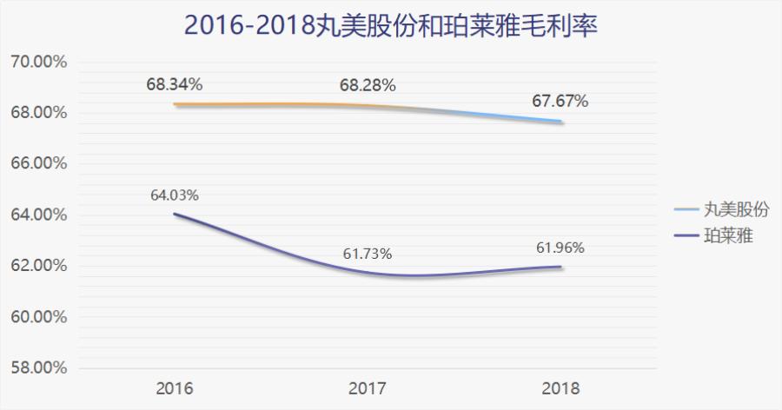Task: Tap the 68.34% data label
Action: click(x=175, y=85)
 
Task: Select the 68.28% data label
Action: click(x=368, y=85)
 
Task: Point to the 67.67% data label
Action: click(x=560, y=102)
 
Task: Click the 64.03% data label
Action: click(x=175, y=195)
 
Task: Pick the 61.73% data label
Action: click(x=368, y=254)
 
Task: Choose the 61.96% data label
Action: click(x=560, y=248)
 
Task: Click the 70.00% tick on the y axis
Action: click(x=38, y=63)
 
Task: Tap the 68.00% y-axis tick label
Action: click(x=38, y=113)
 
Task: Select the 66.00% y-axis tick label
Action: click(x=38, y=164)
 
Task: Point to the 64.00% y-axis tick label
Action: click(x=38, y=215)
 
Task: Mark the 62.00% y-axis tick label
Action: click(x=38, y=266)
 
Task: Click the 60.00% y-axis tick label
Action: click(x=38, y=317)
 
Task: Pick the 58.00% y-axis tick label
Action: click(x=38, y=367)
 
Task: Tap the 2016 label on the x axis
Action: click(x=175, y=387)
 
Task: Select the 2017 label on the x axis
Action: click(x=368, y=387)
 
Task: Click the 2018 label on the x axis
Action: click(x=560, y=387)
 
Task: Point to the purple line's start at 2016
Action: click(x=175, y=214)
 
